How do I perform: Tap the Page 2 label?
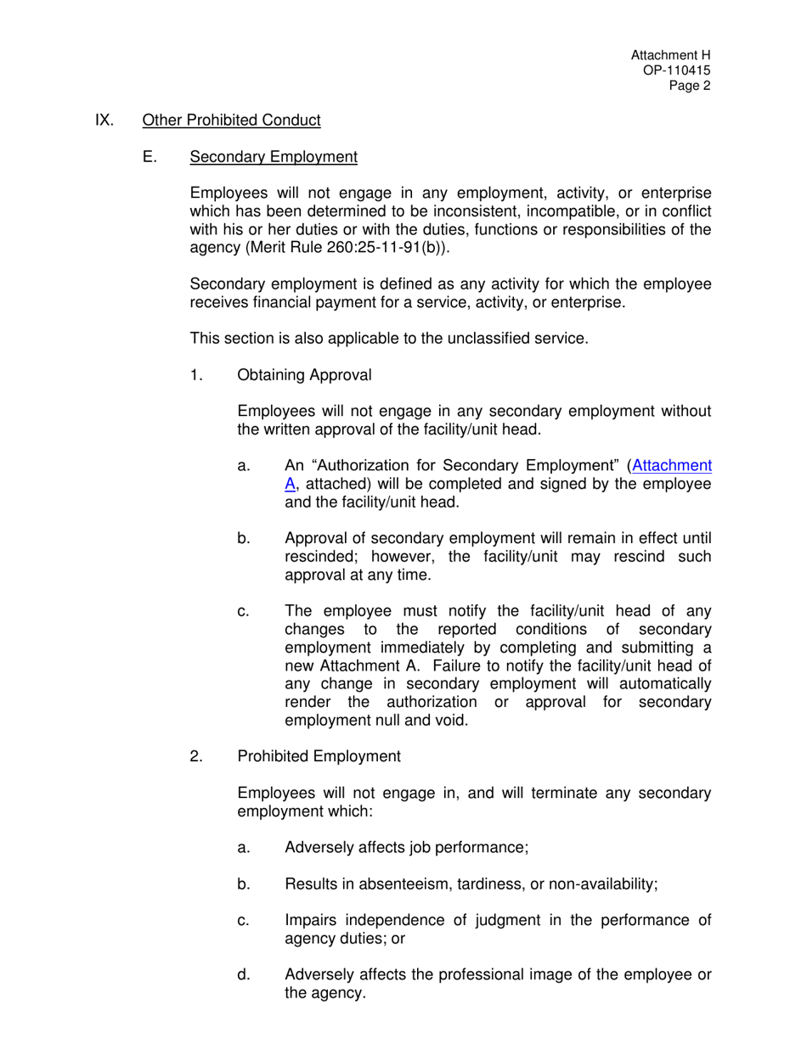point(689,85)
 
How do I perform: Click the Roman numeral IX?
point(104,121)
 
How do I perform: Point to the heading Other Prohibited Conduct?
point(231,121)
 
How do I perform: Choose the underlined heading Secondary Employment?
point(274,157)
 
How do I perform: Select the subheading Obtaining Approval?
point(304,375)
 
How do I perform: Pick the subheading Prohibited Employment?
point(319,756)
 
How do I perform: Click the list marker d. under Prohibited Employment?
point(244,974)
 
